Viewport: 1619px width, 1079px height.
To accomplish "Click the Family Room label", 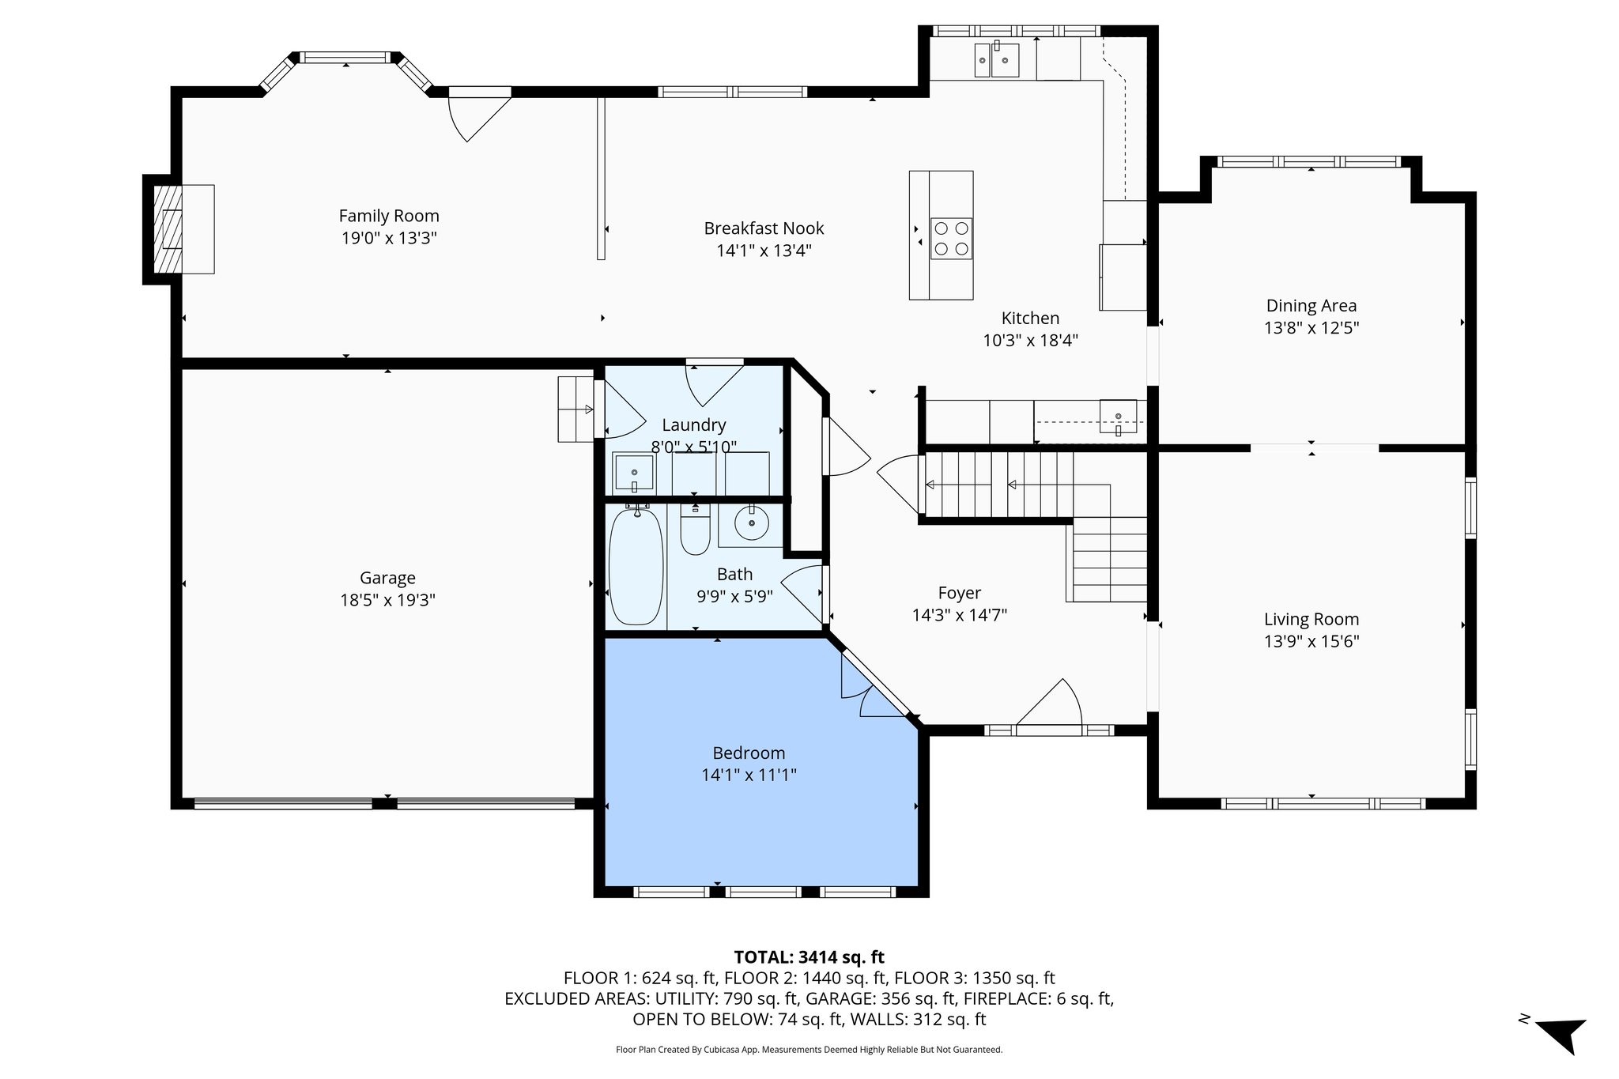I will [x=388, y=216].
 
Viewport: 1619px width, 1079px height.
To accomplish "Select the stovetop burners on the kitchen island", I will [x=951, y=239].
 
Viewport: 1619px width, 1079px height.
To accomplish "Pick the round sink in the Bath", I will [x=751, y=523].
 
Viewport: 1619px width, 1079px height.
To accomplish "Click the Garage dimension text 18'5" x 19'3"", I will [x=387, y=600].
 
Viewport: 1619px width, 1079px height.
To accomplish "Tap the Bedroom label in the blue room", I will [x=748, y=753].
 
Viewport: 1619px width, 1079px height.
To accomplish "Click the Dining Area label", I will [x=1311, y=306].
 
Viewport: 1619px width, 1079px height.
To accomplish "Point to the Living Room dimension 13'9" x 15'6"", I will [x=1311, y=641].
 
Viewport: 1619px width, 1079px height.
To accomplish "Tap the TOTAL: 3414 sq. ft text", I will [x=809, y=958].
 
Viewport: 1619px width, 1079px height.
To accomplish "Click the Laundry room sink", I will [x=634, y=473].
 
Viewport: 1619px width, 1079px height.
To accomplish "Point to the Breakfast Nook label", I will [x=764, y=228].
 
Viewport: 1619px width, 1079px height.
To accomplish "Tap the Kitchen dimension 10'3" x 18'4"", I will [x=1030, y=341].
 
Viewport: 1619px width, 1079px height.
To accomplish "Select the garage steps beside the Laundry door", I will [x=576, y=409].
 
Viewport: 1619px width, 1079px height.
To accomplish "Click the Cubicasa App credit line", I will [x=809, y=1050].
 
